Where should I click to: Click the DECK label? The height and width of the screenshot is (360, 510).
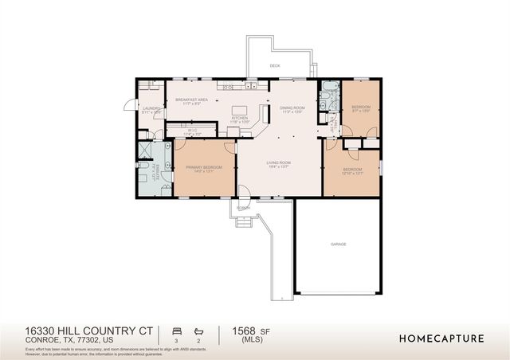[275, 66]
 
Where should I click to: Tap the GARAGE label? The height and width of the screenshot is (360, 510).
[339, 245]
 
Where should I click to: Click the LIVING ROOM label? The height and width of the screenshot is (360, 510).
[278, 164]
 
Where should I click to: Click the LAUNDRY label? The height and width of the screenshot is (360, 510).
[151, 111]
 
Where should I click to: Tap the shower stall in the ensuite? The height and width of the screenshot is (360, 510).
[146, 151]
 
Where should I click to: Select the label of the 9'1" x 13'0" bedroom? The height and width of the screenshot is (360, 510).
[360, 108]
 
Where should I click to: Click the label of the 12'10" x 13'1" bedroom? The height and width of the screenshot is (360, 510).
[351, 171]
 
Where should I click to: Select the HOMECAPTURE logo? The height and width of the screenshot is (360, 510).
[441, 338]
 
